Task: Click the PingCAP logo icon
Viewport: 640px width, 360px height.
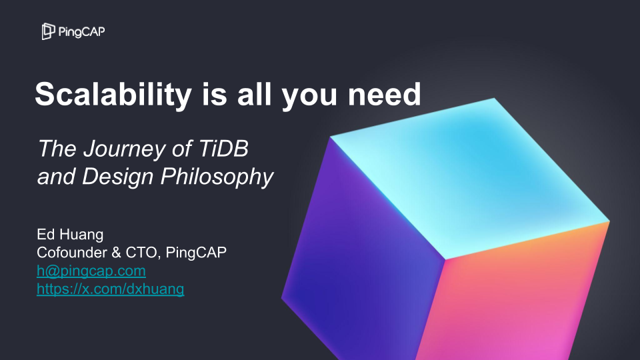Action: click(x=48, y=31)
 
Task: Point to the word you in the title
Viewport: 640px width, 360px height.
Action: click(x=307, y=95)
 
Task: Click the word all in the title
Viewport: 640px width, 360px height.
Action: click(x=251, y=95)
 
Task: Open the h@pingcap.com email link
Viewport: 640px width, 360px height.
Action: click(x=91, y=271)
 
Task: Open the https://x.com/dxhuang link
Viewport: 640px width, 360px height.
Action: click(x=110, y=289)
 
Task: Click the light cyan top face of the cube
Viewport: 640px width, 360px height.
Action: click(x=467, y=173)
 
